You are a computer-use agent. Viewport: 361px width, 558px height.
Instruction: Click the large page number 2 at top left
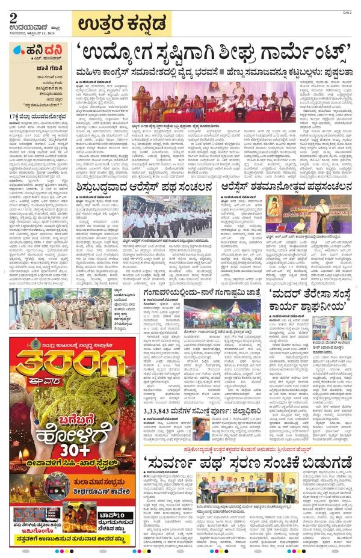coord(13,17)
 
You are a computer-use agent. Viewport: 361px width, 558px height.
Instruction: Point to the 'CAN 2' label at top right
coord(347,12)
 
